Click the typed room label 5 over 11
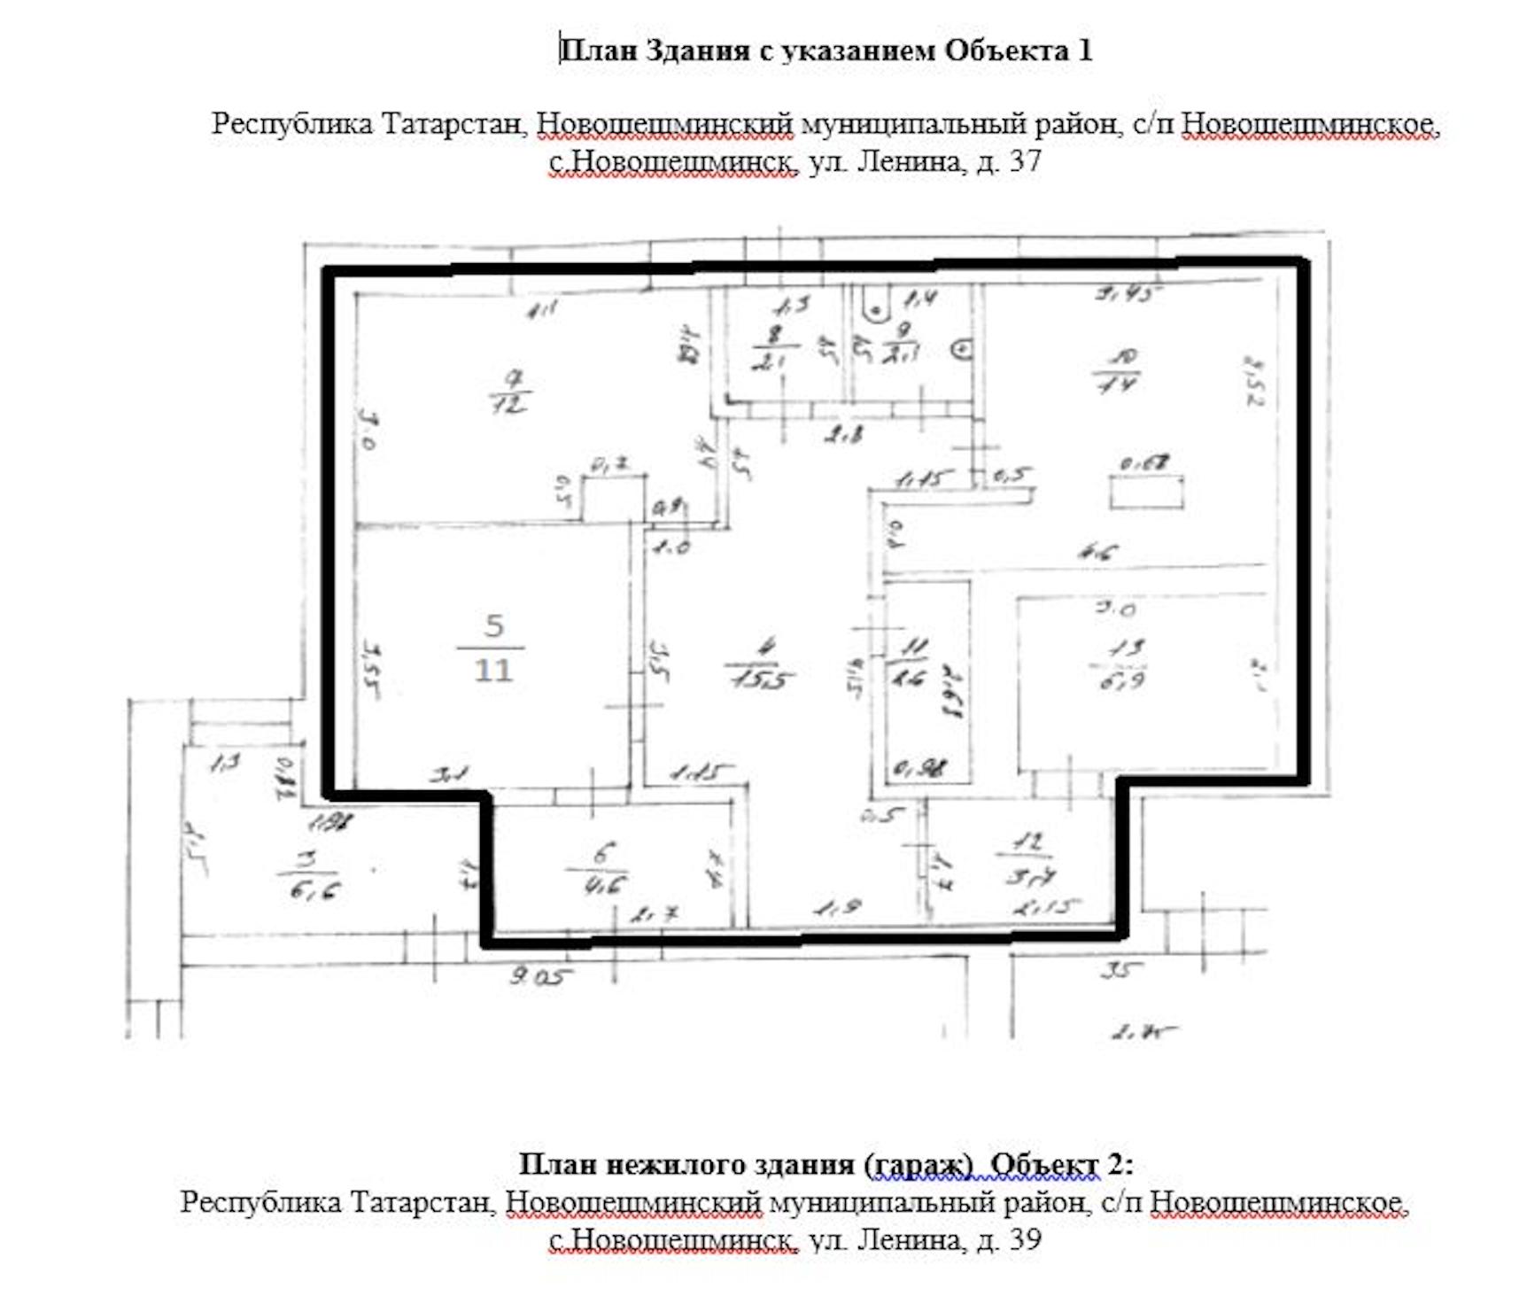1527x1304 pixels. pyautogui.click(x=492, y=648)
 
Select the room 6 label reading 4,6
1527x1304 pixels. pyautogui.click(x=603, y=869)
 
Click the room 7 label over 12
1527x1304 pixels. pyautogui.click(x=511, y=392)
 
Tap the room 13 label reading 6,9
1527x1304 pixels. pyautogui.click(x=1122, y=664)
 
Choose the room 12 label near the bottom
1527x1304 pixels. pyautogui.click(x=1027, y=859)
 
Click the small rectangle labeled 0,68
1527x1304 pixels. pyautogui.click(x=1147, y=493)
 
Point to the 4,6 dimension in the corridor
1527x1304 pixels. pyautogui.click(x=1097, y=553)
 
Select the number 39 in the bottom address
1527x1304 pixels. pyautogui.click(x=1025, y=1238)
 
